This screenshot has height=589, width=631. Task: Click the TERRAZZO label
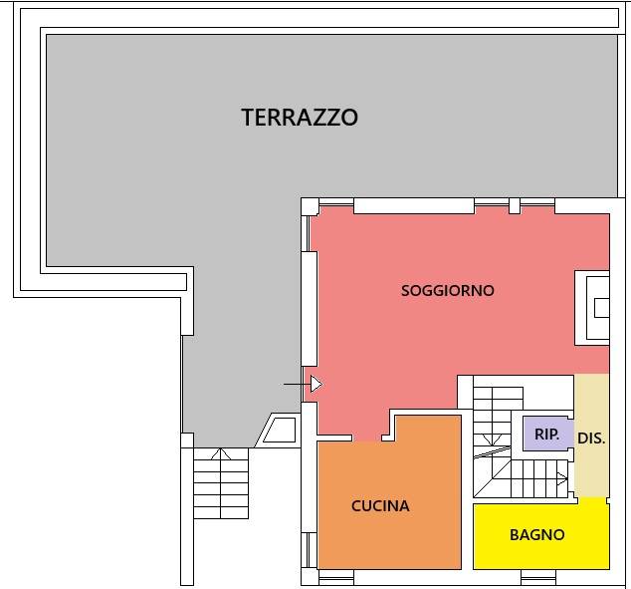click(300, 118)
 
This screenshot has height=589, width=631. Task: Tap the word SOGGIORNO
click(447, 291)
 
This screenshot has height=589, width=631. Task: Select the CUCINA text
click(380, 506)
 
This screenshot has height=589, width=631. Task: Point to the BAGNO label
click(536, 535)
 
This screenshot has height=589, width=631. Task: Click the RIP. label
click(546, 435)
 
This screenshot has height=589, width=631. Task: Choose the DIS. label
click(591, 438)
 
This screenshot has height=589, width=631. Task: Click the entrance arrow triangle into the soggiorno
click(315, 384)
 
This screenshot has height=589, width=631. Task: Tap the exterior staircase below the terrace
click(220, 483)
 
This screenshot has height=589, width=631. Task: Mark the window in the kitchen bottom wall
click(337, 575)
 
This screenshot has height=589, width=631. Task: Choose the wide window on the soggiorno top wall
click(413, 206)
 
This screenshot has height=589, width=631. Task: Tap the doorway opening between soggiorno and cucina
click(368, 438)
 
